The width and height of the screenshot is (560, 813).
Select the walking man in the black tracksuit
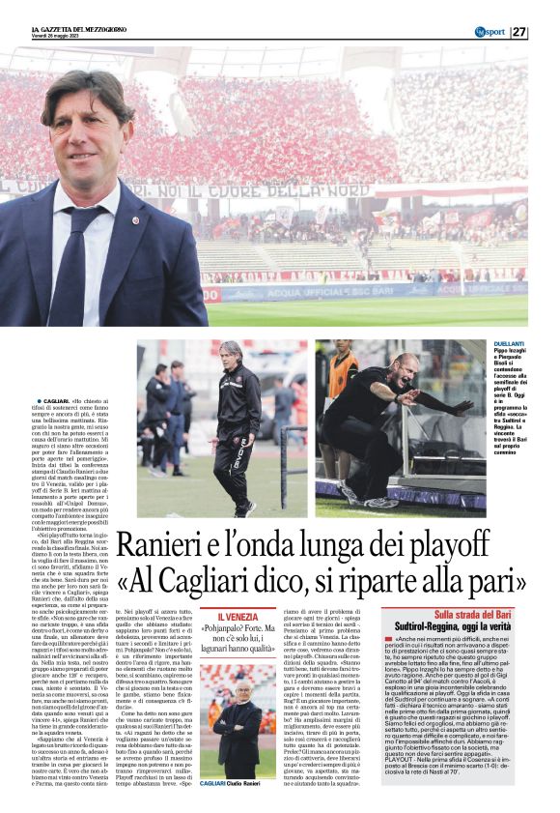pos(236,425)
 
